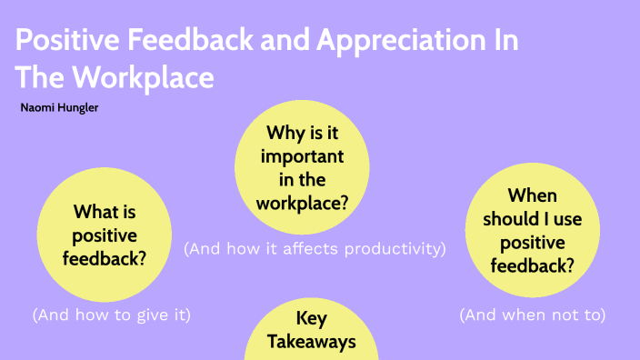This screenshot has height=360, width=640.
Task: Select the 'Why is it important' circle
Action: point(303,168)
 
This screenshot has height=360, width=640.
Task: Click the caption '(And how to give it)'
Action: point(113,315)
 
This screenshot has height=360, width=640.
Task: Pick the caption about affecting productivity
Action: point(315,248)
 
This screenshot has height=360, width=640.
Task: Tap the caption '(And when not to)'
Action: point(532,315)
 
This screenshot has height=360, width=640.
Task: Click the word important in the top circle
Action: point(304,156)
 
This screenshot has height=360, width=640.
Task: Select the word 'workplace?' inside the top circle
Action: point(304,201)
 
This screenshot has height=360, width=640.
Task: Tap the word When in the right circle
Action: point(532,195)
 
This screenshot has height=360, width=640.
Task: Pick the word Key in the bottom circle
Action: point(311,319)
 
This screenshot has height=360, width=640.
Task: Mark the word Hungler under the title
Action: point(81,107)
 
